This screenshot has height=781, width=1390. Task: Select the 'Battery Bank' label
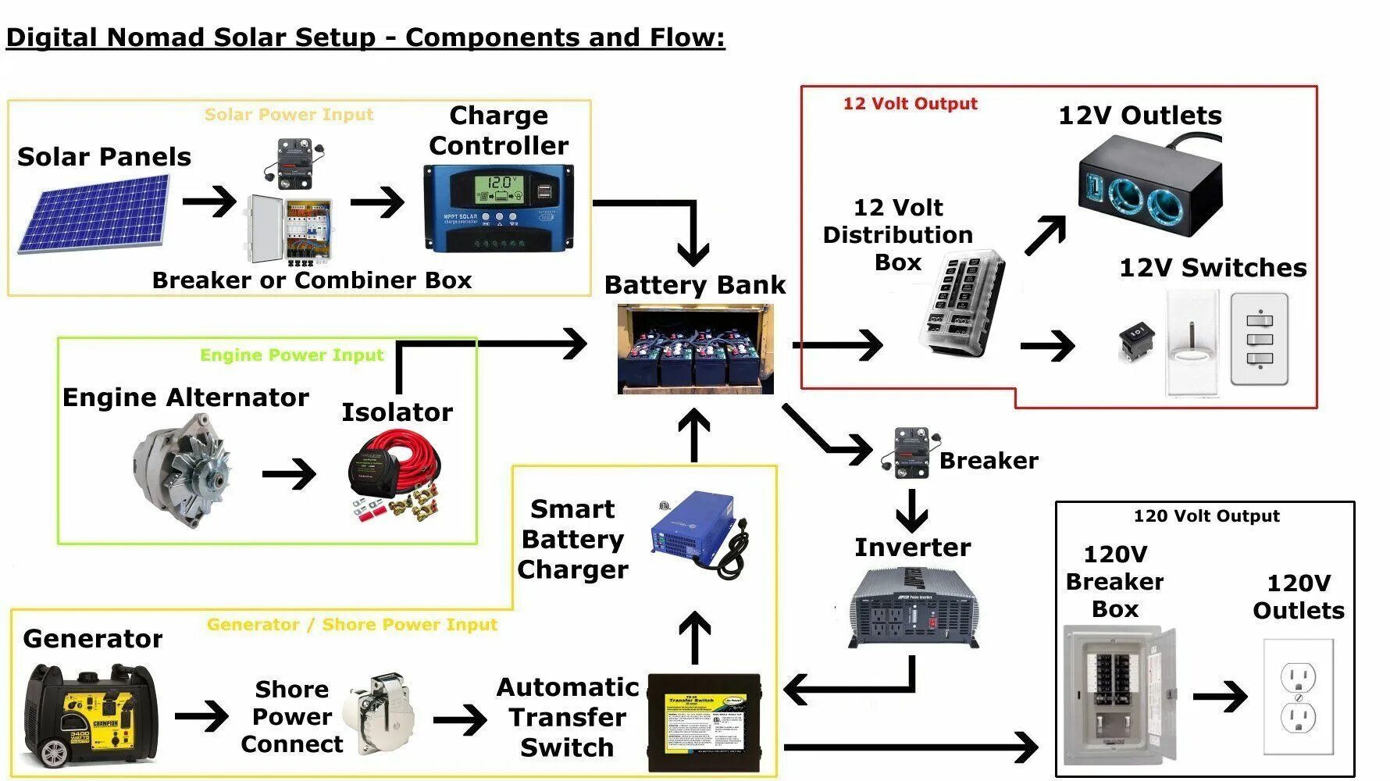click(x=694, y=285)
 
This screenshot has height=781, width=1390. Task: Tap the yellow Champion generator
click(x=91, y=715)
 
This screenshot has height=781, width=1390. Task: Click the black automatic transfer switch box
click(x=704, y=722)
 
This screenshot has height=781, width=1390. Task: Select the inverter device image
click(x=913, y=605)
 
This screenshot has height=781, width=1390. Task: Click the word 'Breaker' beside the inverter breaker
click(x=989, y=461)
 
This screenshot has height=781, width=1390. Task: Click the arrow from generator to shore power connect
click(x=201, y=716)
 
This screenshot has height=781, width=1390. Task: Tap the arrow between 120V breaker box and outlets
click(x=1220, y=696)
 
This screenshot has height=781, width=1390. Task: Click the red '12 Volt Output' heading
click(x=910, y=104)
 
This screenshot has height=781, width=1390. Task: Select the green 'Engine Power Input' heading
click(x=291, y=355)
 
